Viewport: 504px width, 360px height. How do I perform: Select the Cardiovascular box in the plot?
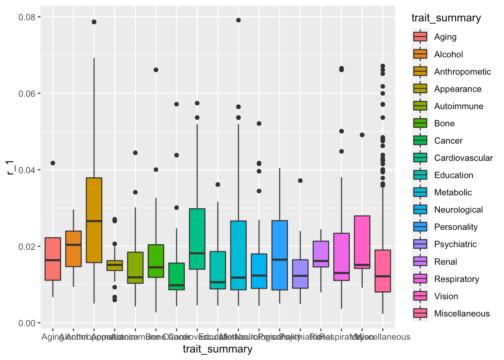(197, 239)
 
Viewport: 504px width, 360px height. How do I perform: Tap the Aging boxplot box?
(53, 259)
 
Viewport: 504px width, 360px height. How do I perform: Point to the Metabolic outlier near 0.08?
(238, 20)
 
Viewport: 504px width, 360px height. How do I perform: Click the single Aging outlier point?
(53, 163)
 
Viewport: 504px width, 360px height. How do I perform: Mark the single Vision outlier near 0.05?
(362, 135)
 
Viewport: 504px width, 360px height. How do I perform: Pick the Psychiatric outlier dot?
(300, 181)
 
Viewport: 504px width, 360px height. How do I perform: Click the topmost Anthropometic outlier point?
(94, 22)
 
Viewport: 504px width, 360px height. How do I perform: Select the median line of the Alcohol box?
(73, 245)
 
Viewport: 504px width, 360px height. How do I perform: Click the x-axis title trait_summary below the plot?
(217, 349)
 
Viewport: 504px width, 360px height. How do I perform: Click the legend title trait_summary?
(446, 18)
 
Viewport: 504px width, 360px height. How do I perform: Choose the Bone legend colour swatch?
(420, 123)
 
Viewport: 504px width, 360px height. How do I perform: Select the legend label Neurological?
(458, 210)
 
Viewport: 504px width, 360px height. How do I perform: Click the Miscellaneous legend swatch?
(420, 313)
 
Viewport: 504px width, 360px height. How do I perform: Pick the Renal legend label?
(445, 262)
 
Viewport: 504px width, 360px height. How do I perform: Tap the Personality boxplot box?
(280, 255)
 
